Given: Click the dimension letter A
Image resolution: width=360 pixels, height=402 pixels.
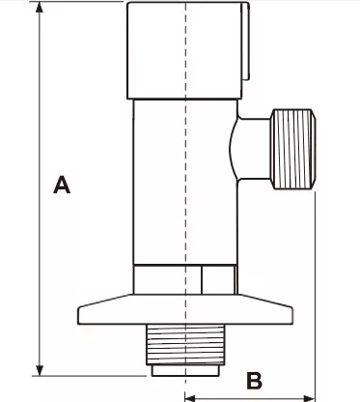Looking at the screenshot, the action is [62, 185].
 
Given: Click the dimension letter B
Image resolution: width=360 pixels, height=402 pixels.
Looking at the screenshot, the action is [254, 381].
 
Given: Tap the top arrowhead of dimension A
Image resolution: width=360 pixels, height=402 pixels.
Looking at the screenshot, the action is [40, 7].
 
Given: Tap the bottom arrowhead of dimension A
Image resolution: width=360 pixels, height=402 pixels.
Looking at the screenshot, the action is [40, 370].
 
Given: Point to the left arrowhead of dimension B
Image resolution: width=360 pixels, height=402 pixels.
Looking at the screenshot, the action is [191, 398].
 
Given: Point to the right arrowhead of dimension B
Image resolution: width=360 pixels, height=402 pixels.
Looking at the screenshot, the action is [309, 398].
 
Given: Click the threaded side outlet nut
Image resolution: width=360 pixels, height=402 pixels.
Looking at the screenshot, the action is [293, 149].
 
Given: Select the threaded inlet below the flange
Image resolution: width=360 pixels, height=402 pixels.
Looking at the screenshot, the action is [185, 344].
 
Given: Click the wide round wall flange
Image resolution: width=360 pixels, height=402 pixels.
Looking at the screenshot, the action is [185, 309].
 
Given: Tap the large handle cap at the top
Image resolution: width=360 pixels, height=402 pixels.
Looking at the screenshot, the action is [185, 50].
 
